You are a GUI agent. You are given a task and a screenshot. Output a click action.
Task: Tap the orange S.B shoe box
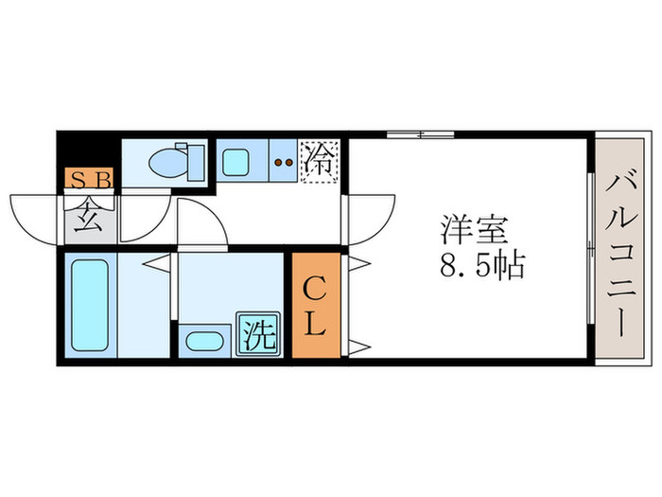coord(89,179)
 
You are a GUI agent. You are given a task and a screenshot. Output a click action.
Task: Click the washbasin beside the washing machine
coord(203,339)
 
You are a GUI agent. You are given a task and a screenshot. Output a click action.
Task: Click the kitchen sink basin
coord(236,161)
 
